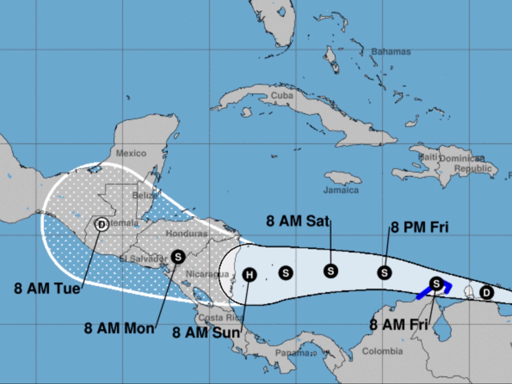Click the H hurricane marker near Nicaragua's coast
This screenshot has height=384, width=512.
tap(250, 274)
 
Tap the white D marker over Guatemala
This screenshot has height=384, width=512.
tap(102, 224)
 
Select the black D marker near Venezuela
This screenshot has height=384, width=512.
tap(487, 293)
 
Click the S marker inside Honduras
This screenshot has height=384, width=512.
tap(178, 257)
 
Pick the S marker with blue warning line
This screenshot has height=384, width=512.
tap(436, 283)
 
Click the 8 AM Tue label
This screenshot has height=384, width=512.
tap(47, 288)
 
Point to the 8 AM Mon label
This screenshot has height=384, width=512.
tap(119, 328)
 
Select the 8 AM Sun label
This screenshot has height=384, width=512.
tap(206, 332)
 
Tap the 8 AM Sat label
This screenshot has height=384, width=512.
tap(298, 221)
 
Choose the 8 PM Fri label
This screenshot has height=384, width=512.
tap(419, 227)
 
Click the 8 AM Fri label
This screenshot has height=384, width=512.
tap(398, 325)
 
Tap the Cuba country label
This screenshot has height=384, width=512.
tap(282, 95)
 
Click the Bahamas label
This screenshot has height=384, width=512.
tap(391, 52)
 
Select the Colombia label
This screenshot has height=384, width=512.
tap(382, 351)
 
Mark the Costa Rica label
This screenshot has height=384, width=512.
tap(217, 318)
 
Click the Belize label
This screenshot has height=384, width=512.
tap(145, 196)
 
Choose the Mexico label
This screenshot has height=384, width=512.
tap(131, 153)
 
